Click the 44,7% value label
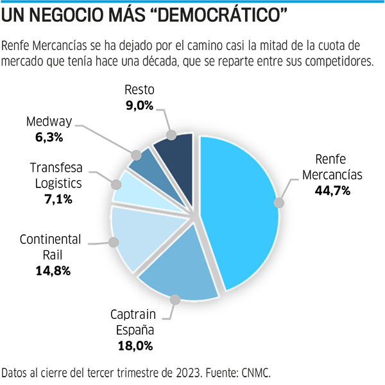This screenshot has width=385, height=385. coord(332,191)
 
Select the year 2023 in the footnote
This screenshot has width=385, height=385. coord(182,373)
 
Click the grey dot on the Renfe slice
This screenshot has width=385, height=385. coord(278,203)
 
